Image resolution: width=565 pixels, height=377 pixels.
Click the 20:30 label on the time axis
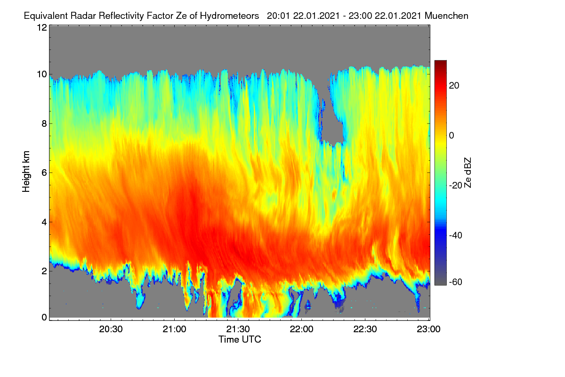(x=111, y=329)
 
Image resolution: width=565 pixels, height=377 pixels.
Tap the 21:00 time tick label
(x=174, y=329)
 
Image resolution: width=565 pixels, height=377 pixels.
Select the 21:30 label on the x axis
(x=238, y=329)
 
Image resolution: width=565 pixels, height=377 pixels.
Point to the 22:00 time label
(x=301, y=329)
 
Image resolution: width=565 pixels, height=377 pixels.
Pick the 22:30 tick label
(x=365, y=329)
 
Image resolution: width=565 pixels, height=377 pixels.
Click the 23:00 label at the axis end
(x=428, y=329)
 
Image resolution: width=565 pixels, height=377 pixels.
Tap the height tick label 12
(x=42, y=27)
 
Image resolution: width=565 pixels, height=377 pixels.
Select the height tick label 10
(x=42, y=74)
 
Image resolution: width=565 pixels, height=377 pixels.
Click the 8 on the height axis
(x=44, y=123)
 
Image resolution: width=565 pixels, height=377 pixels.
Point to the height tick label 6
(x=44, y=173)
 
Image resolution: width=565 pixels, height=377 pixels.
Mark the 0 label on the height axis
(x=44, y=318)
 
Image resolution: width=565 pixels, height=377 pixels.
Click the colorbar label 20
(x=454, y=86)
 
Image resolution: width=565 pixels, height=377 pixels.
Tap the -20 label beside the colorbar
(x=456, y=185)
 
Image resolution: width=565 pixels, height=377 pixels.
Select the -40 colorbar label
(x=456, y=235)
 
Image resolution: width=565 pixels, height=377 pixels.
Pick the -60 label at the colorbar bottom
(x=456, y=282)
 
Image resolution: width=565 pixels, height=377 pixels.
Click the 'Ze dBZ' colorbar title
(x=468, y=173)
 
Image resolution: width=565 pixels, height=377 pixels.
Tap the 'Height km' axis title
(x=26, y=172)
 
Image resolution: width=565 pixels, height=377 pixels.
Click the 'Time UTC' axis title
(x=240, y=339)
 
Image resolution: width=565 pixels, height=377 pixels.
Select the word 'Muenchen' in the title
(x=446, y=16)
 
